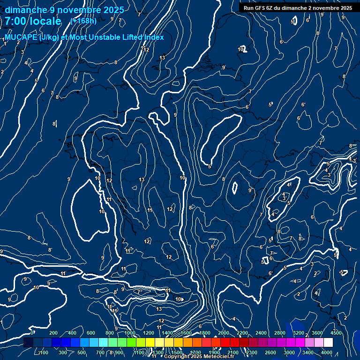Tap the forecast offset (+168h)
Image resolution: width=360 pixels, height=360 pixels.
point(83,21)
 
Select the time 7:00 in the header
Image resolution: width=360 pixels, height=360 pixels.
point(15,21)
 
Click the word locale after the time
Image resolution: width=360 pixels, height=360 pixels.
point(45,21)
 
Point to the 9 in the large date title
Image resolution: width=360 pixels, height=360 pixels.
point(52,10)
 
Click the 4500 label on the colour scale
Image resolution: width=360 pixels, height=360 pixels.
point(336,333)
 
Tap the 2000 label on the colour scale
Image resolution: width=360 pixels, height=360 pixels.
point(224,333)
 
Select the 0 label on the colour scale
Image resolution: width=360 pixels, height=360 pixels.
point(32,333)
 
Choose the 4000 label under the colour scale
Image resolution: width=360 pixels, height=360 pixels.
point(327,352)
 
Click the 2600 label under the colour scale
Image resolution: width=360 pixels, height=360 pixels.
point(270,352)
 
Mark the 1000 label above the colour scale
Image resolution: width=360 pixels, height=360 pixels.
point(130,333)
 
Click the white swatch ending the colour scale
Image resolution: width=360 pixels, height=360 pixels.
point(328,343)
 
